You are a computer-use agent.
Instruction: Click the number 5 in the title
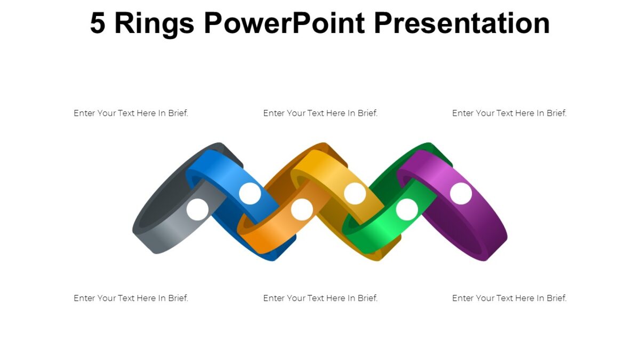[x=98, y=23]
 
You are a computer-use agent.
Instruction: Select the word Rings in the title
[x=154, y=23]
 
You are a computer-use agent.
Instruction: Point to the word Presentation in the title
[x=461, y=23]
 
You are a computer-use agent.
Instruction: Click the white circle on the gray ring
[x=197, y=210]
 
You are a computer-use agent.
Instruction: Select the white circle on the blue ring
[x=250, y=194]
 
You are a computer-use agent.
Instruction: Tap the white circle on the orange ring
[x=302, y=210]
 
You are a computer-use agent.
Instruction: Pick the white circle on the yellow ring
[x=355, y=194]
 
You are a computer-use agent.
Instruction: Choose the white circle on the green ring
[x=407, y=210]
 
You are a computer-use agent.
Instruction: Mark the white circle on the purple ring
[x=461, y=194]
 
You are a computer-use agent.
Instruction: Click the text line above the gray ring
[x=131, y=113]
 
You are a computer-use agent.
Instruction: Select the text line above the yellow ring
[x=320, y=113]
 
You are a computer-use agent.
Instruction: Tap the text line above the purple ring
[x=509, y=113]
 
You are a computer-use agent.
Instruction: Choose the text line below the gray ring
[x=131, y=298]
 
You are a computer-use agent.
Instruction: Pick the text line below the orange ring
[x=320, y=298]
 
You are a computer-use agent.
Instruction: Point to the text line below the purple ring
[x=509, y=298]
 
